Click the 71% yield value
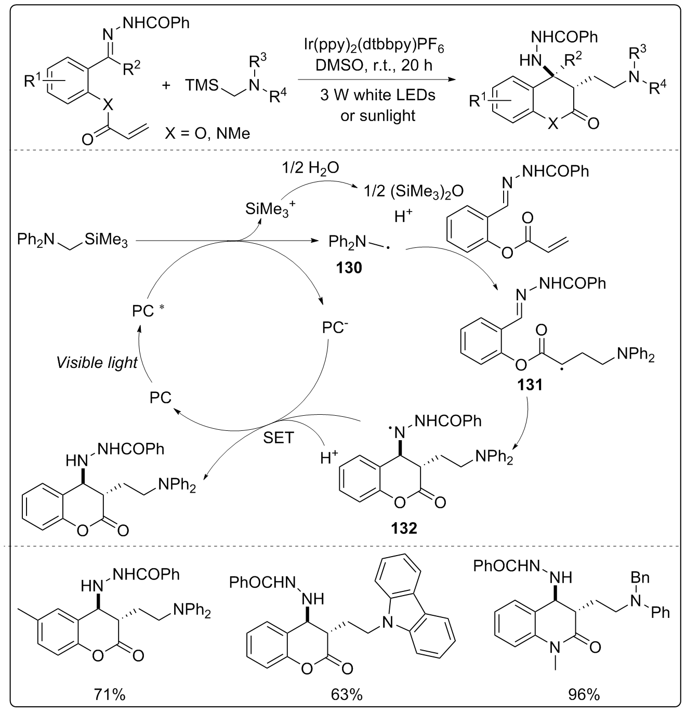coord(110,694)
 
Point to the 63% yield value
coord(347,694)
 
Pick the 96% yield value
coord(584,694)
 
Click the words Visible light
coord(97,362)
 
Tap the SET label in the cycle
coord(279,438)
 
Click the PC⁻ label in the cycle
coord(335,328)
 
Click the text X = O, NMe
coord(207,134)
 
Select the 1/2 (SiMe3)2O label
coord(414,191)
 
